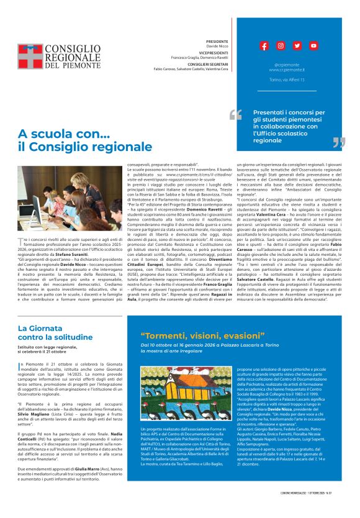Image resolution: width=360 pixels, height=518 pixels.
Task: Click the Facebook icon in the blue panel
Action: pos(264,46)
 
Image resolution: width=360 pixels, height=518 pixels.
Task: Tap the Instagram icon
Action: pos(281,46)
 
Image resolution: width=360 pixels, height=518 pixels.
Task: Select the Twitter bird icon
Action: pos(297,46)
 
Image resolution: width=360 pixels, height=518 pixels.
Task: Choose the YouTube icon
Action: pos(313,46)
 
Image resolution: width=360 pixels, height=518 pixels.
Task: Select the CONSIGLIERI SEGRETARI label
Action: pos(199,65)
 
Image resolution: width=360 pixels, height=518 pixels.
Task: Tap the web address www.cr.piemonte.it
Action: pos(287,70)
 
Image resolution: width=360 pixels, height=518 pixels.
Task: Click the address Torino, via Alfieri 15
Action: pos(287,80)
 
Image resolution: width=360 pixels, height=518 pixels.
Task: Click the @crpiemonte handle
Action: pos(287,65)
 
